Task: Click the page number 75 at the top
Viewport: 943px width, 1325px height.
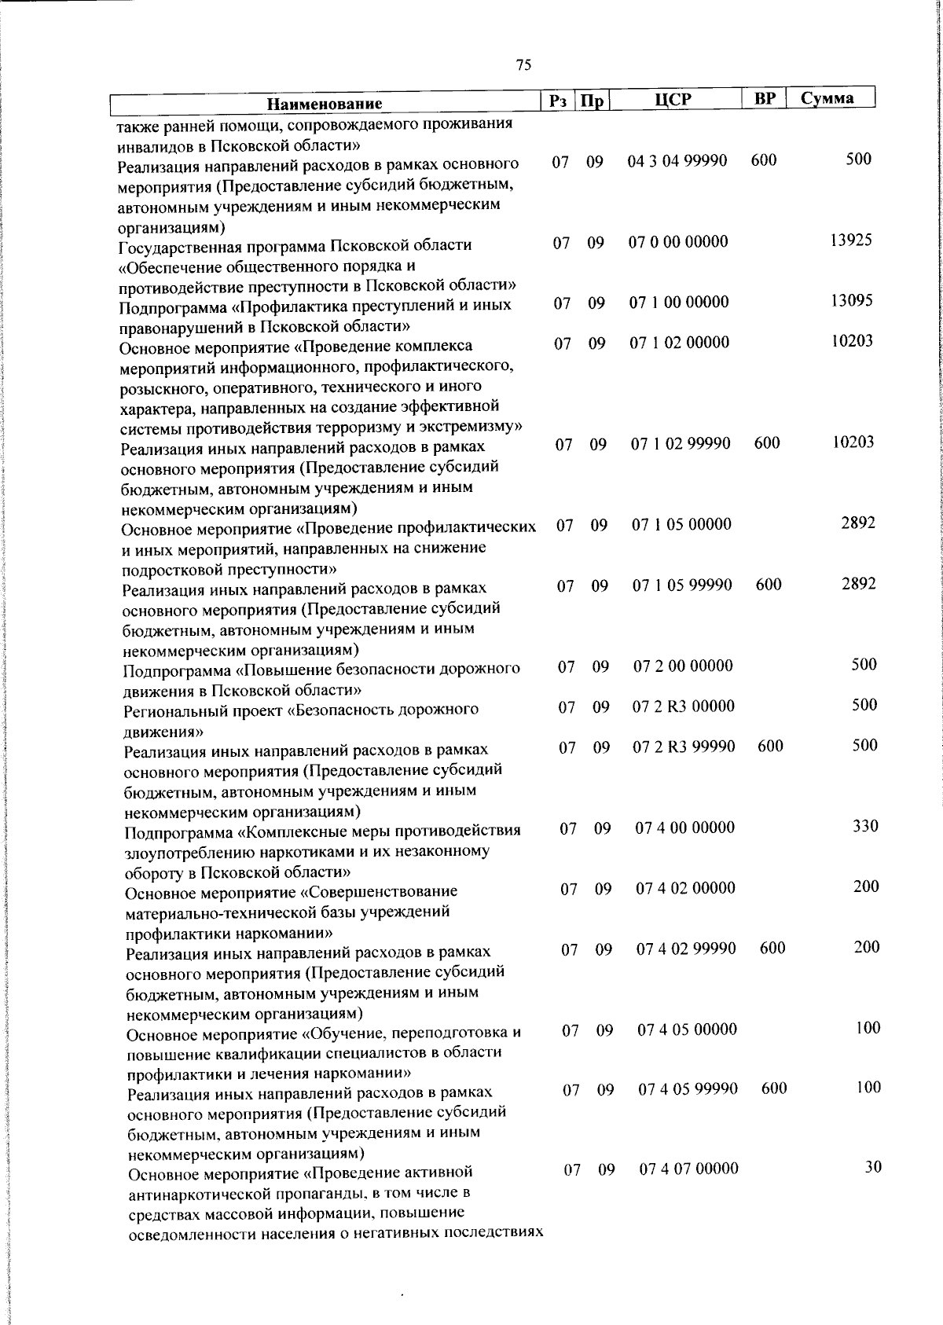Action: point(523,64)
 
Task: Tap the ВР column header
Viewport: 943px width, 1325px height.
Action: point(764,99)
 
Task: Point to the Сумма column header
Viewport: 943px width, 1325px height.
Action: point(827,99)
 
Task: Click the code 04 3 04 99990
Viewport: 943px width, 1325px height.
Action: point(677,161)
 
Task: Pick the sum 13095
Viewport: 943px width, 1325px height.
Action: point(852,301)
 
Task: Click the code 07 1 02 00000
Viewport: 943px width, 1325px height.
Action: point(680,343)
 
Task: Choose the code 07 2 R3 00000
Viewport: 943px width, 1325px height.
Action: point(684,707)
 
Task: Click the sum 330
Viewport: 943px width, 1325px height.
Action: point(865,826)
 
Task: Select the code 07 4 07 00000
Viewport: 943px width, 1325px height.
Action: point(688,1169)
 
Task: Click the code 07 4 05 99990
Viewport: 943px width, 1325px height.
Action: point(688,1089)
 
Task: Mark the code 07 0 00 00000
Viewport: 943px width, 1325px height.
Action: point(678,242)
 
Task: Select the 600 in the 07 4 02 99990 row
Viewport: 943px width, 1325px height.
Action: point(772,949)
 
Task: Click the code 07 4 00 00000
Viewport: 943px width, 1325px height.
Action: point(685,828)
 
